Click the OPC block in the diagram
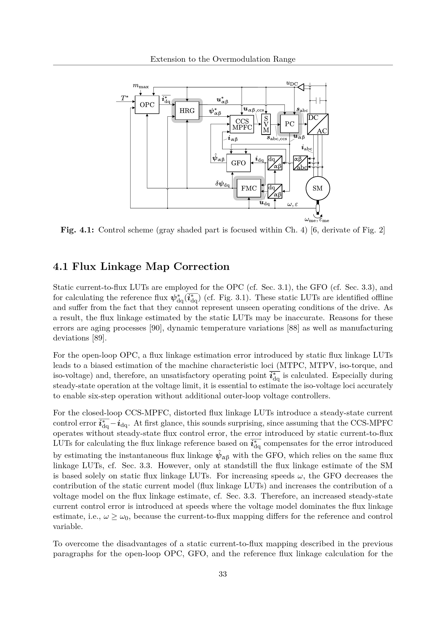point(147,105)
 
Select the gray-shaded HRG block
point(187,111)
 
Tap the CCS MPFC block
point(242,124)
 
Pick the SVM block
point(266,124)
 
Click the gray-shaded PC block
point(289,124)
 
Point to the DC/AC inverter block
point(318,124)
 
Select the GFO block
point(238,163)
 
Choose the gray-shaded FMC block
point(249,188)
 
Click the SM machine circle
point(318,188)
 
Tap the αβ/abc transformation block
point(300,163)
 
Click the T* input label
point(125,98)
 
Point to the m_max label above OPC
point(141,86)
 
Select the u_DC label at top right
point(292,83)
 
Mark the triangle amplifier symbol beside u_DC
point(301,87)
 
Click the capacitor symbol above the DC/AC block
point(318,101)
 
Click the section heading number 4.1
point(61,266)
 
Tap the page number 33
point(223,574)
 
